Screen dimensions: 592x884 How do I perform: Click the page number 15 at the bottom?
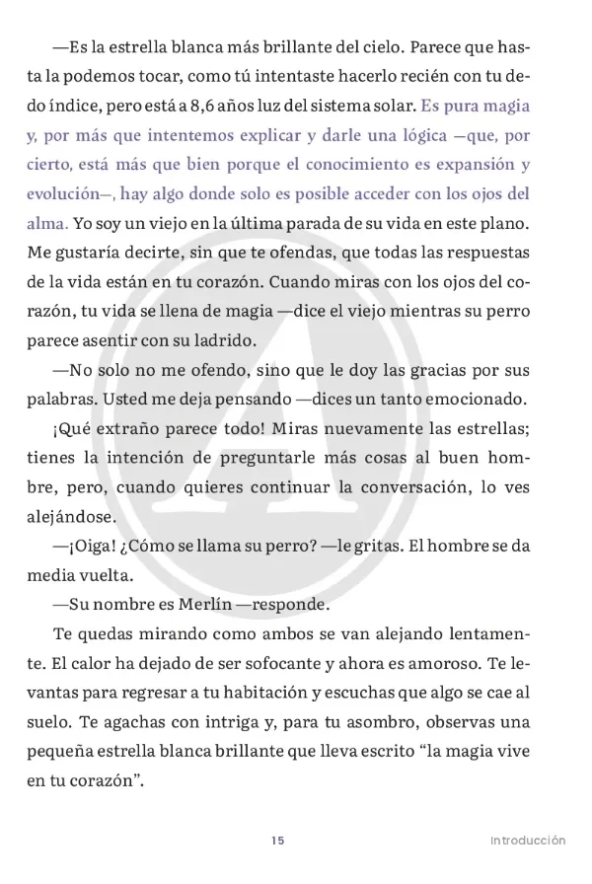tap(277, 841)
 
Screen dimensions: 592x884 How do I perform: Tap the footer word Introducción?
tap(528, 841)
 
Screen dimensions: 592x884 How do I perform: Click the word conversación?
tap(411, 487)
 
